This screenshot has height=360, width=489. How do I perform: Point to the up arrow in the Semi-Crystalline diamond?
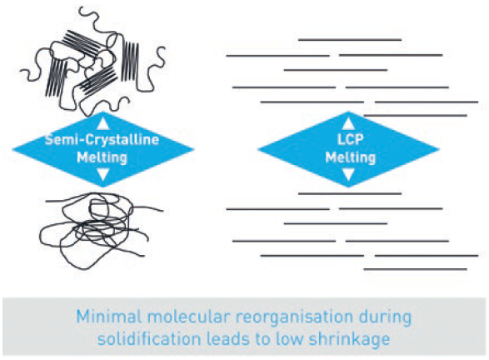tap(102, 122)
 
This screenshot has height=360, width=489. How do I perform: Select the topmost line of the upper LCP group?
tap(349, 39)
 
